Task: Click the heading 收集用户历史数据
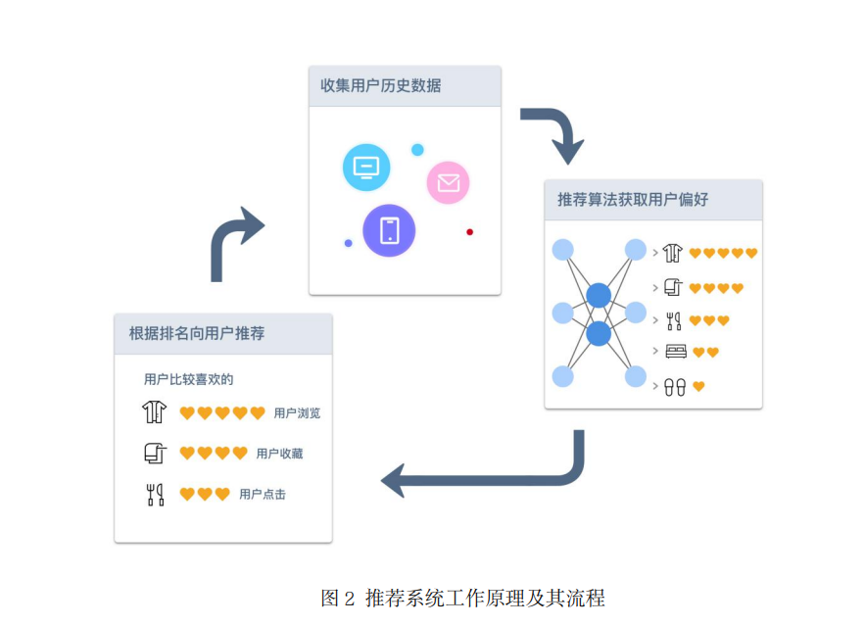tap(380, 86)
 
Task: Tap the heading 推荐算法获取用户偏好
tap(632, 200)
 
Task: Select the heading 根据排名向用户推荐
tap(197, 333)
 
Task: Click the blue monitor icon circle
tap(366, 167)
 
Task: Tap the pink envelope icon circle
tap(448, 182)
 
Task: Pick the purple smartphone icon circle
tap(389, 230)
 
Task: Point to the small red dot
tap(469, 232)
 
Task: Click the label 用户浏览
tap(297, 413)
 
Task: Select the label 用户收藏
tap(279, 454)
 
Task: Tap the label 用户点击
tap(263, 495)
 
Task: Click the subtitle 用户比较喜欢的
tap(189, 379)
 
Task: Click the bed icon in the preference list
tap(675, 352)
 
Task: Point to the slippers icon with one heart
tap(675, 387)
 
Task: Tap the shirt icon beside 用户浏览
tap(154, 412)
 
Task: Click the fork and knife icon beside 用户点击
tap(154, 495)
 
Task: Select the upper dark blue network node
tap(599, 295)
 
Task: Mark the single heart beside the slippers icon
tap(698, 387)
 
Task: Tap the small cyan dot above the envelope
tap(417, 150)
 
